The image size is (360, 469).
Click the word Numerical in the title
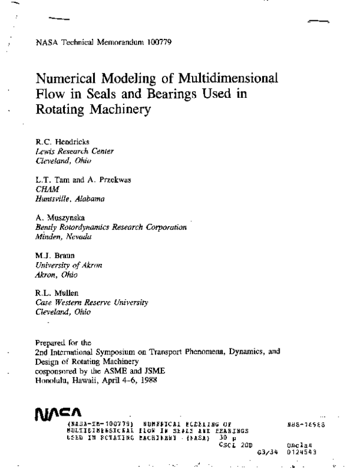pos(65,79)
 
